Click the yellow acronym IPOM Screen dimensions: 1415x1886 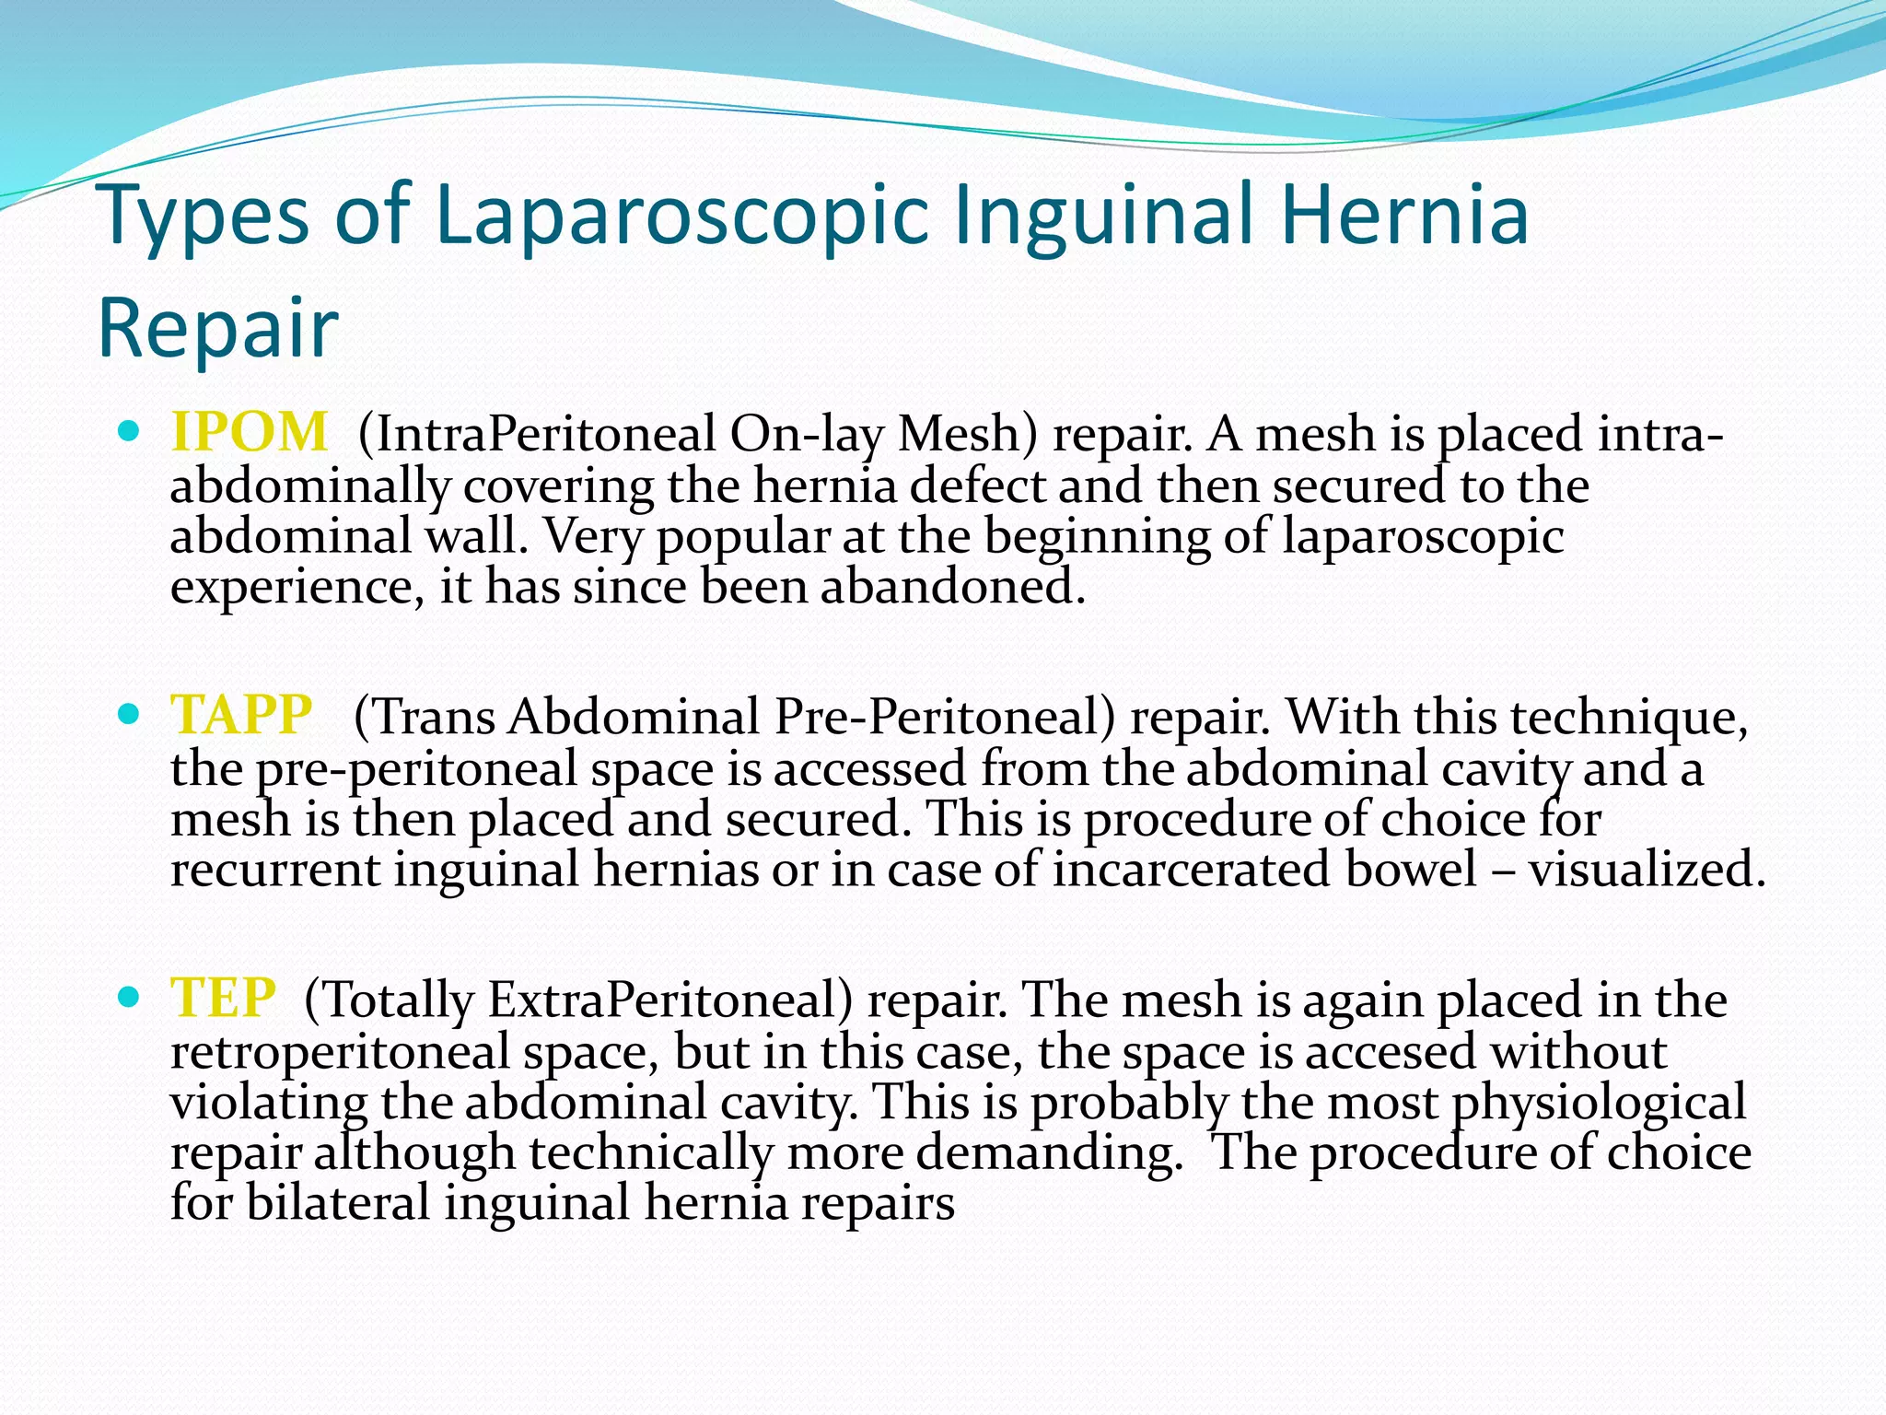pyautogui.click(x=249, y=432)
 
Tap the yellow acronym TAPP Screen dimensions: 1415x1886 pyautogui.click(x=241, y=715)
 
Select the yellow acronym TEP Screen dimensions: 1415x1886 pyautogui.click(x=223, y=998)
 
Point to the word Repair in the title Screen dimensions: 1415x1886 pyautogui.click(x=218, y=329)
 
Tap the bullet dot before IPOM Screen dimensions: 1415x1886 pyautogui.click(x=130, y=430)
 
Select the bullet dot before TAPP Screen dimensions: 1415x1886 pyautogui.click(x=130, y=713)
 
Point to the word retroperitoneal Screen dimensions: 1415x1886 pyautogui.click(x=340, y=1052)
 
